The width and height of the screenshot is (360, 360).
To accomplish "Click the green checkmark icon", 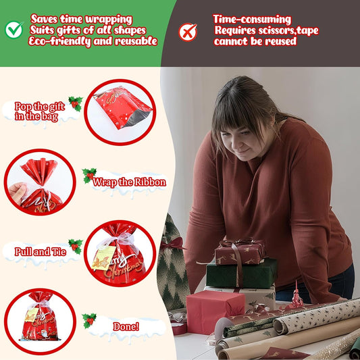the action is (x=14, y=30).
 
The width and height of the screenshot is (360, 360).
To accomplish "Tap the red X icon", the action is (x=188, y=32).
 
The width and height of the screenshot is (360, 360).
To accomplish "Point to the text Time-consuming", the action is (x=252, y=20).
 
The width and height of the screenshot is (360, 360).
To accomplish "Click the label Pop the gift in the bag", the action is (x=39, y=111).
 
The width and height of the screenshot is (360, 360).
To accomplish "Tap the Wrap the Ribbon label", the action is (x=129, y=182).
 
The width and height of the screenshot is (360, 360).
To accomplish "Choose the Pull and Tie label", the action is (x=41, y=252).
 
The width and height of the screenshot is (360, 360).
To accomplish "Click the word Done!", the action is (x=126, y=326).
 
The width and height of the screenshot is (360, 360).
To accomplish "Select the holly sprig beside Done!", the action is (x=89, y=321).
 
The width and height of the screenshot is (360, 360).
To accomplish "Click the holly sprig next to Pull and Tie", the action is (x=76, y=247).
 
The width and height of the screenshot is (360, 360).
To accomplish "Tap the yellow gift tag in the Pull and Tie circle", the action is (x=103, y=257).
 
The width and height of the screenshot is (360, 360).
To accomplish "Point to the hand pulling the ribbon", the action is (x=18, y=193).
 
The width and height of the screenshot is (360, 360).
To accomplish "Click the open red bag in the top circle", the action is (x=122, y=107).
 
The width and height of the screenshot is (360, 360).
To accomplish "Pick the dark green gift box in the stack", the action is (x=241, y=274).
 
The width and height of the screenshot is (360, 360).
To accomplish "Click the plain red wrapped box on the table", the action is (x=215, y=311).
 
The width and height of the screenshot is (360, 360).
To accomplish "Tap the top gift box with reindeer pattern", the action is (x=240, y=252).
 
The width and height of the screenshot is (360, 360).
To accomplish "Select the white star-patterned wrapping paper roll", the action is (x=317, y=315).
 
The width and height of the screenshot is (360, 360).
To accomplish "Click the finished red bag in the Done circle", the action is (x=39, y=316).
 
